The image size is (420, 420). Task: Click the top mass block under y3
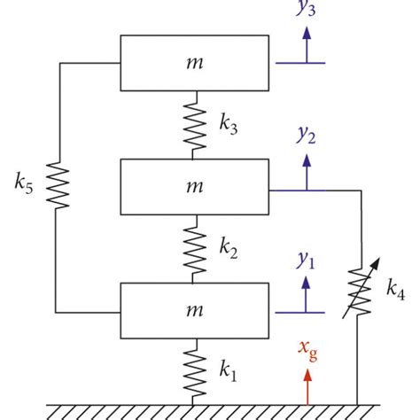(194, 63)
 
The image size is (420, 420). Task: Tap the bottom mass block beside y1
(194, 311)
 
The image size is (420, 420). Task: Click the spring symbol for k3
(193, 125)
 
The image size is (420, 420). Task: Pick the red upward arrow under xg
(307, 386)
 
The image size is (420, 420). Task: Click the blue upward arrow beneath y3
(307, 44)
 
